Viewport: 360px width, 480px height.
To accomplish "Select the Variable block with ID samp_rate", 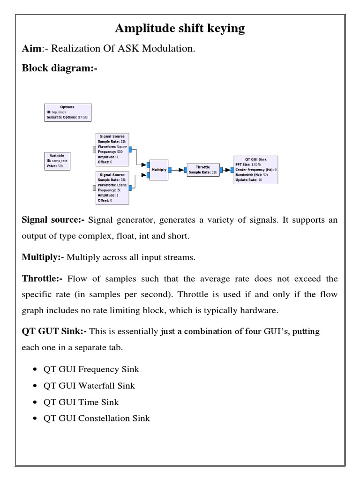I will click(57, 160).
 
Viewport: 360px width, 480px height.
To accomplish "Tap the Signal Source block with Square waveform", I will click(112, 149).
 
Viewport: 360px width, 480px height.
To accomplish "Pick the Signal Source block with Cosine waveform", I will click(112, 187).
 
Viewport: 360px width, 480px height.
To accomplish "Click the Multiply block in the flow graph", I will click(158, 170).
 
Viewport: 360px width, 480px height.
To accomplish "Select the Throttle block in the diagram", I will click(202, 169).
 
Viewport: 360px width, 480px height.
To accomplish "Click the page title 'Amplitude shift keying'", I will click(180, 29).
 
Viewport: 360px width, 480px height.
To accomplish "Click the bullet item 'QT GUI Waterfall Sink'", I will click(89, 386).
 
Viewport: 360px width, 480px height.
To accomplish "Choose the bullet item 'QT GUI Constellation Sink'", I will click(97, 418).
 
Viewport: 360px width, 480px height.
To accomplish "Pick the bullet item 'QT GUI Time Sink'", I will click(81, 402).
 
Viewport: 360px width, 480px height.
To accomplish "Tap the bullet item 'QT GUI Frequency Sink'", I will click(91, 369).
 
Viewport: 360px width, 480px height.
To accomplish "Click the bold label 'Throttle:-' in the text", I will click(42, 279).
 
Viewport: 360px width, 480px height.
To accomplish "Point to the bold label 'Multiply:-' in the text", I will click(43, 257).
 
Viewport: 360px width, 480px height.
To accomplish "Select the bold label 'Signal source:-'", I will click(53, 220).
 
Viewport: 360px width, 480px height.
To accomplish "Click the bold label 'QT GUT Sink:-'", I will click(54, 332).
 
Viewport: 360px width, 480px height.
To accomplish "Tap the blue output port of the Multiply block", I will click(170, 170).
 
